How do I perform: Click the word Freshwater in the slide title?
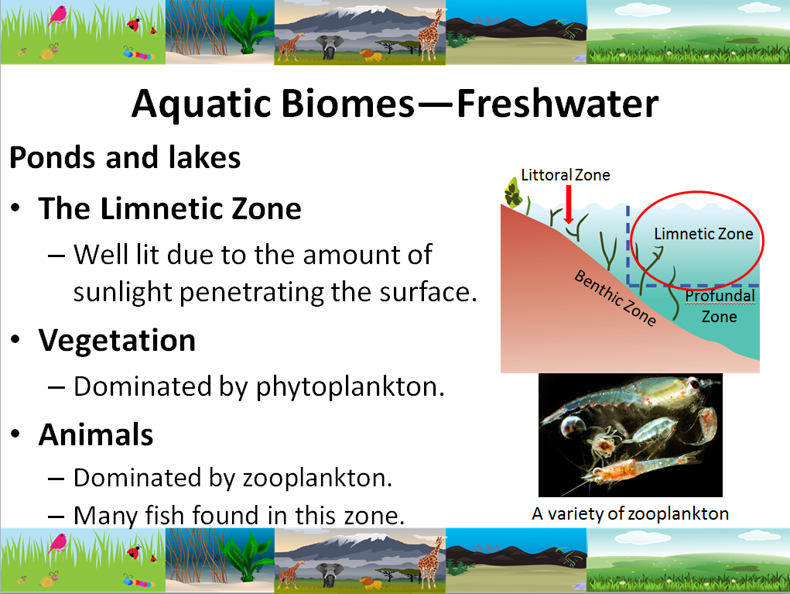coord(557,103)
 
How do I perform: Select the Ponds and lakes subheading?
coord(125,158)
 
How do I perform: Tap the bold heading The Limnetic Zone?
coord(169,209)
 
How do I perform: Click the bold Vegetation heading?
coord(117,341)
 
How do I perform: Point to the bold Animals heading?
coord(96,435)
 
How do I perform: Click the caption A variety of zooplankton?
coord(630,513)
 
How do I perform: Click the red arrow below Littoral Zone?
coord(569,205)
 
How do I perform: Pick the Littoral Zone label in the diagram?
coord(565,175)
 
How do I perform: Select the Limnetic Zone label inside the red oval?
coord(703,233)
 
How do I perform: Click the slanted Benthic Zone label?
coord(615,298)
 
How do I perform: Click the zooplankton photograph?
coord(630,434)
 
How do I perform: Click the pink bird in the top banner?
coord(57,15)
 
